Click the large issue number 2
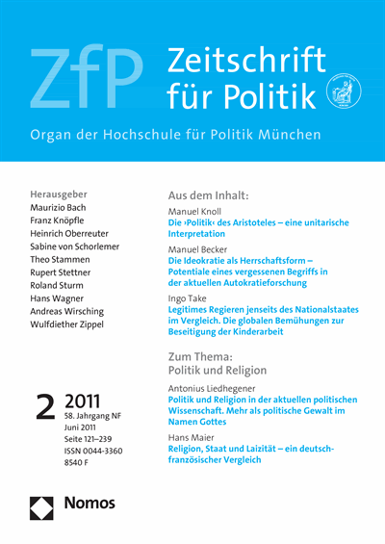coord(44,406)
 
